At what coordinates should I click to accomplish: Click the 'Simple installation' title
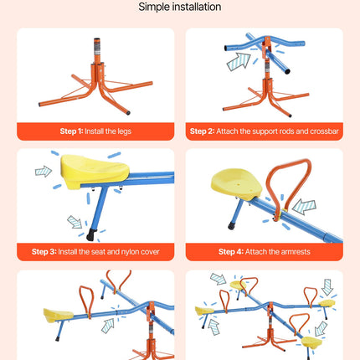point(180,7)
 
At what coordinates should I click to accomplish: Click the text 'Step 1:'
point(71,131)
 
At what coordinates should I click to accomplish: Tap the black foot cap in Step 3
point(91,235)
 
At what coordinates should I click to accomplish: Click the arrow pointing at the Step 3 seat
point(44,172)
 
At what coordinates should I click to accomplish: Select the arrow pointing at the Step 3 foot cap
point(75,222)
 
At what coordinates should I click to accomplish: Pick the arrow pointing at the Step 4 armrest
point(304,207)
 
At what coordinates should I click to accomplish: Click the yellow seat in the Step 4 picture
point(237,184)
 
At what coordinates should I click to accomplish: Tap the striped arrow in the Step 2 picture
point(239,61)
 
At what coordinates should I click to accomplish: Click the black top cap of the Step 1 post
point(97,39)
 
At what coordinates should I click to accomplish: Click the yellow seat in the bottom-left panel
point(58,315)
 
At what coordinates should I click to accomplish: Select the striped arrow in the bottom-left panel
point(108,326)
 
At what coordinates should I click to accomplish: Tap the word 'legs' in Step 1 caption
point(124,131)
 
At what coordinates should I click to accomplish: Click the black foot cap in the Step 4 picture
point(231,226)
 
